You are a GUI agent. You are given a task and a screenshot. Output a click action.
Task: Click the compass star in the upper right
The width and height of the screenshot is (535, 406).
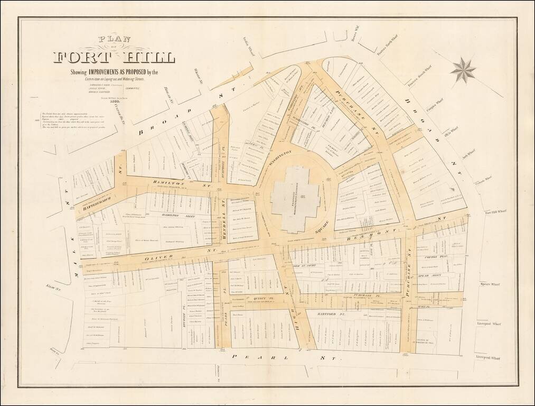coord(463,70)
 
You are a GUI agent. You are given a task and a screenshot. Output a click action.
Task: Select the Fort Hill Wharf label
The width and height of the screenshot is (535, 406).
coord(495,213)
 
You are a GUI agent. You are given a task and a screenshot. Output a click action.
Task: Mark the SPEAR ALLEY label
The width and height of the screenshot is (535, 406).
coord(429,275)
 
